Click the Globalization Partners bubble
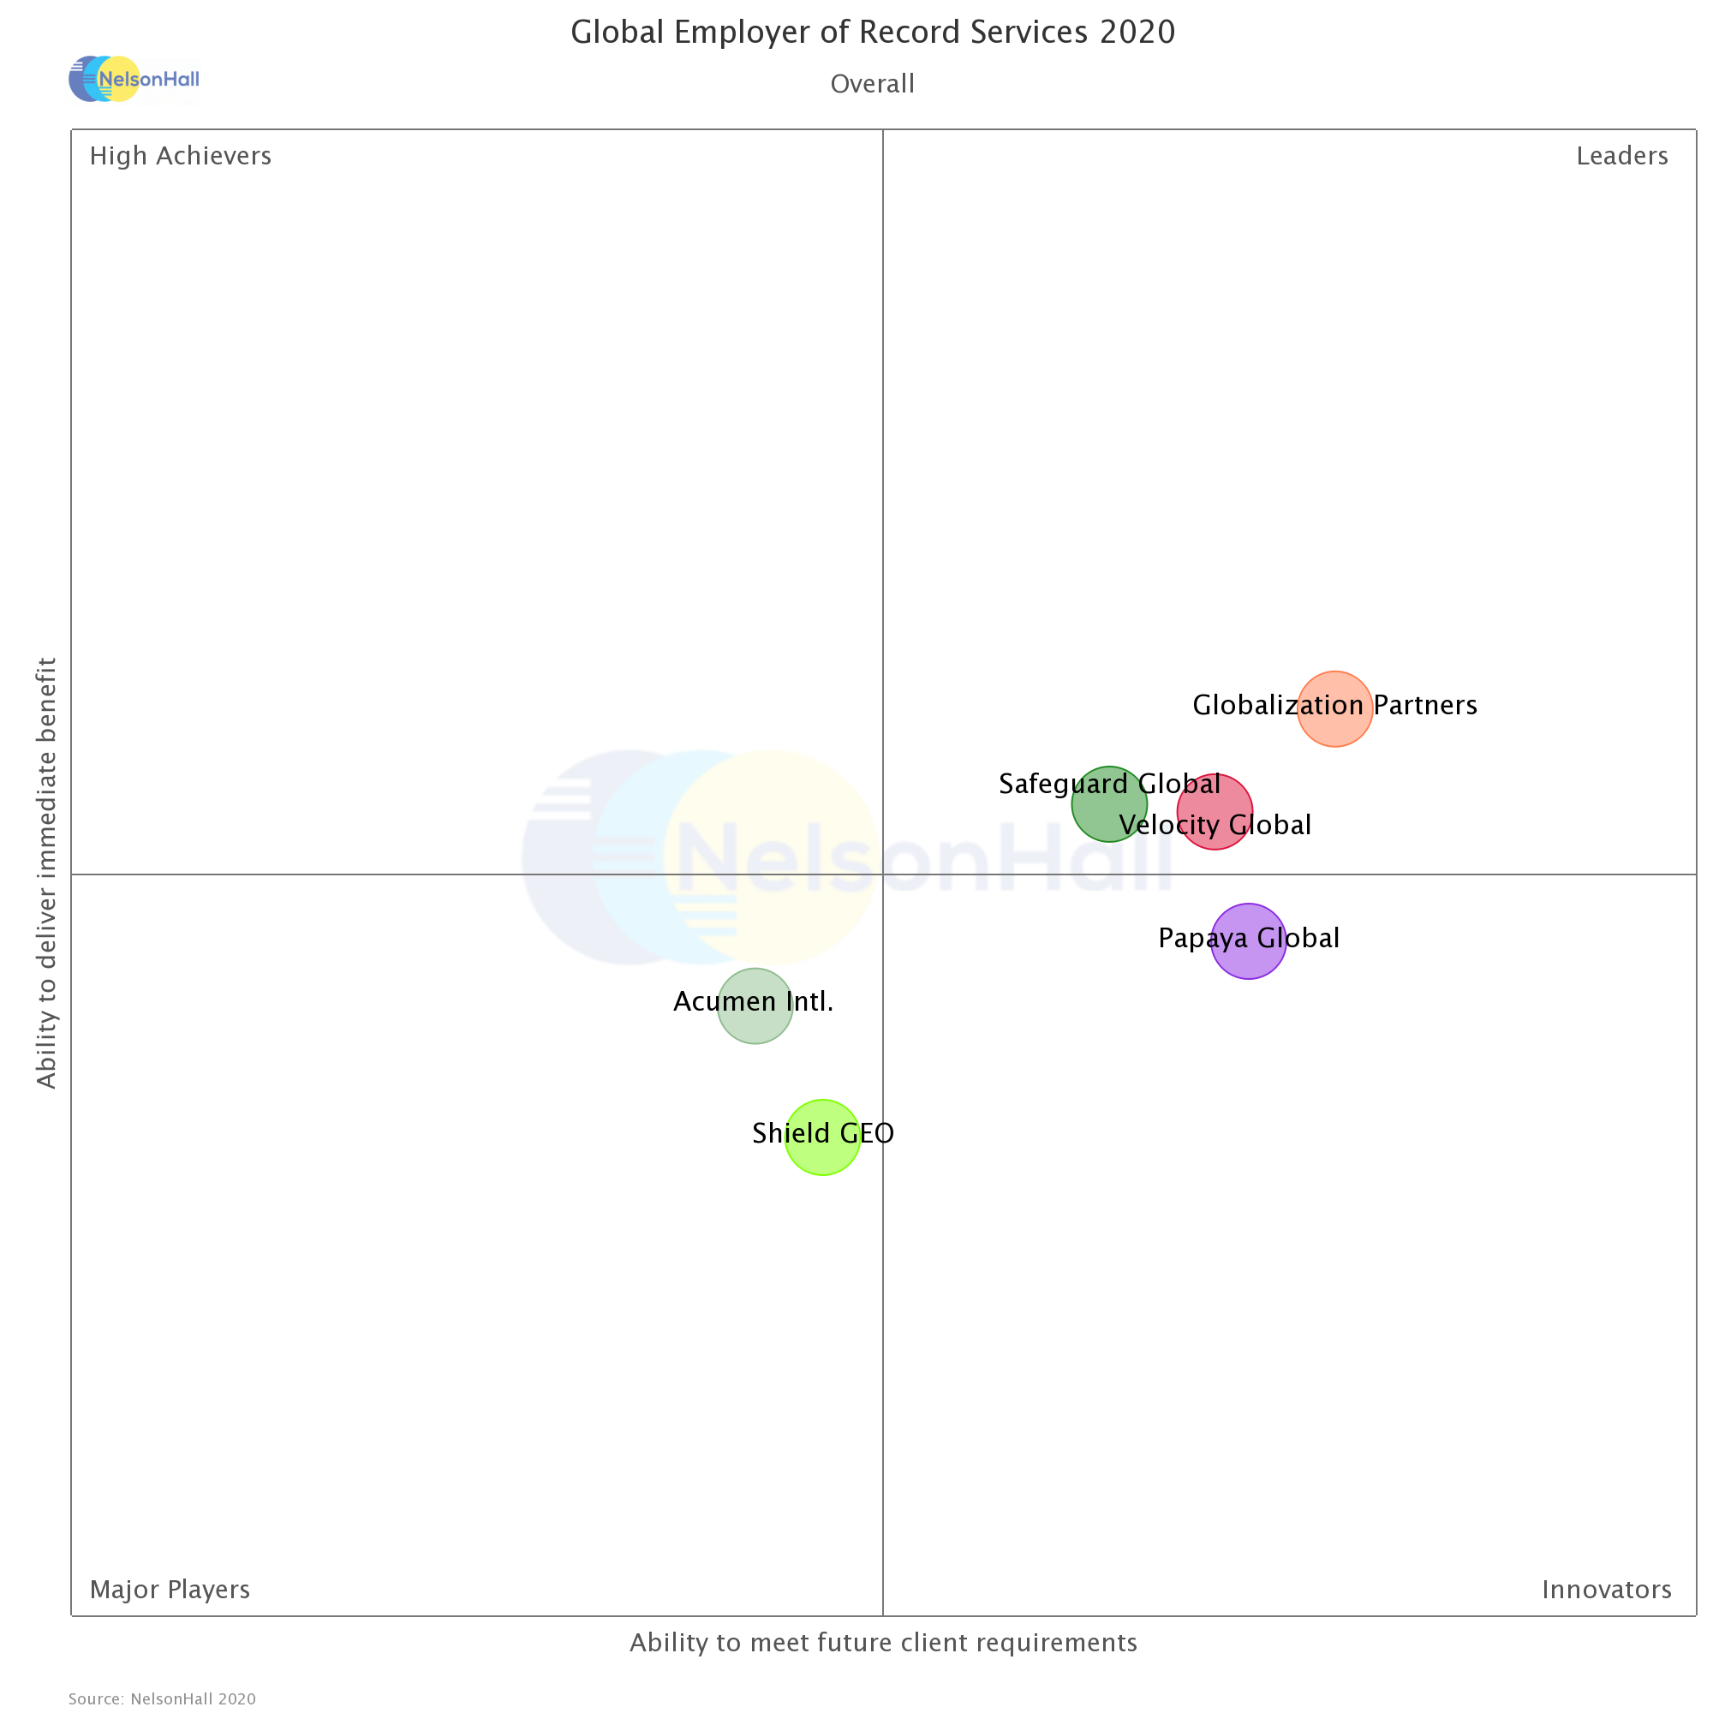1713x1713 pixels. click(x=1334, y=709)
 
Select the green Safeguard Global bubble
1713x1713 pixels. click(x=1109, y=804)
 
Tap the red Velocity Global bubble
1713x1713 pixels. click(x=1215, y=811)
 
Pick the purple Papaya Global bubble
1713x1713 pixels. click(x=1249, y=941)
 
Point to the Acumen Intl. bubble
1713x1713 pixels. click(x=755, y=1006)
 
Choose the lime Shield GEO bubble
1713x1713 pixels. click(x=823, y=1137)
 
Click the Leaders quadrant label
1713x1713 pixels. click(x=1621, y=156)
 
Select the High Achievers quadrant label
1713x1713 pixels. click(x=181, y=156)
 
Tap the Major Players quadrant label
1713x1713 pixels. click(x=170, y=1590)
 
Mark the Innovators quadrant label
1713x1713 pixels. click(x=1607, y=1590)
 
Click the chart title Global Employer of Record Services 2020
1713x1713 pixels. click(x=873, y=33)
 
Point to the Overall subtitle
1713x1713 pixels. click(x=873, y=84)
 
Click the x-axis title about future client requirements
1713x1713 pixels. click(x=883, y=1643)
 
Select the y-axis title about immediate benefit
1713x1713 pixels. click(x=46, y=874)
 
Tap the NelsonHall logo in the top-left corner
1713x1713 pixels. click(x=134, y=79)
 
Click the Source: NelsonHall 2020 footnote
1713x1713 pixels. click(x=162, y=1698)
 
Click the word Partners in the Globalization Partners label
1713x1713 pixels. click(x=1425, y=706)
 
